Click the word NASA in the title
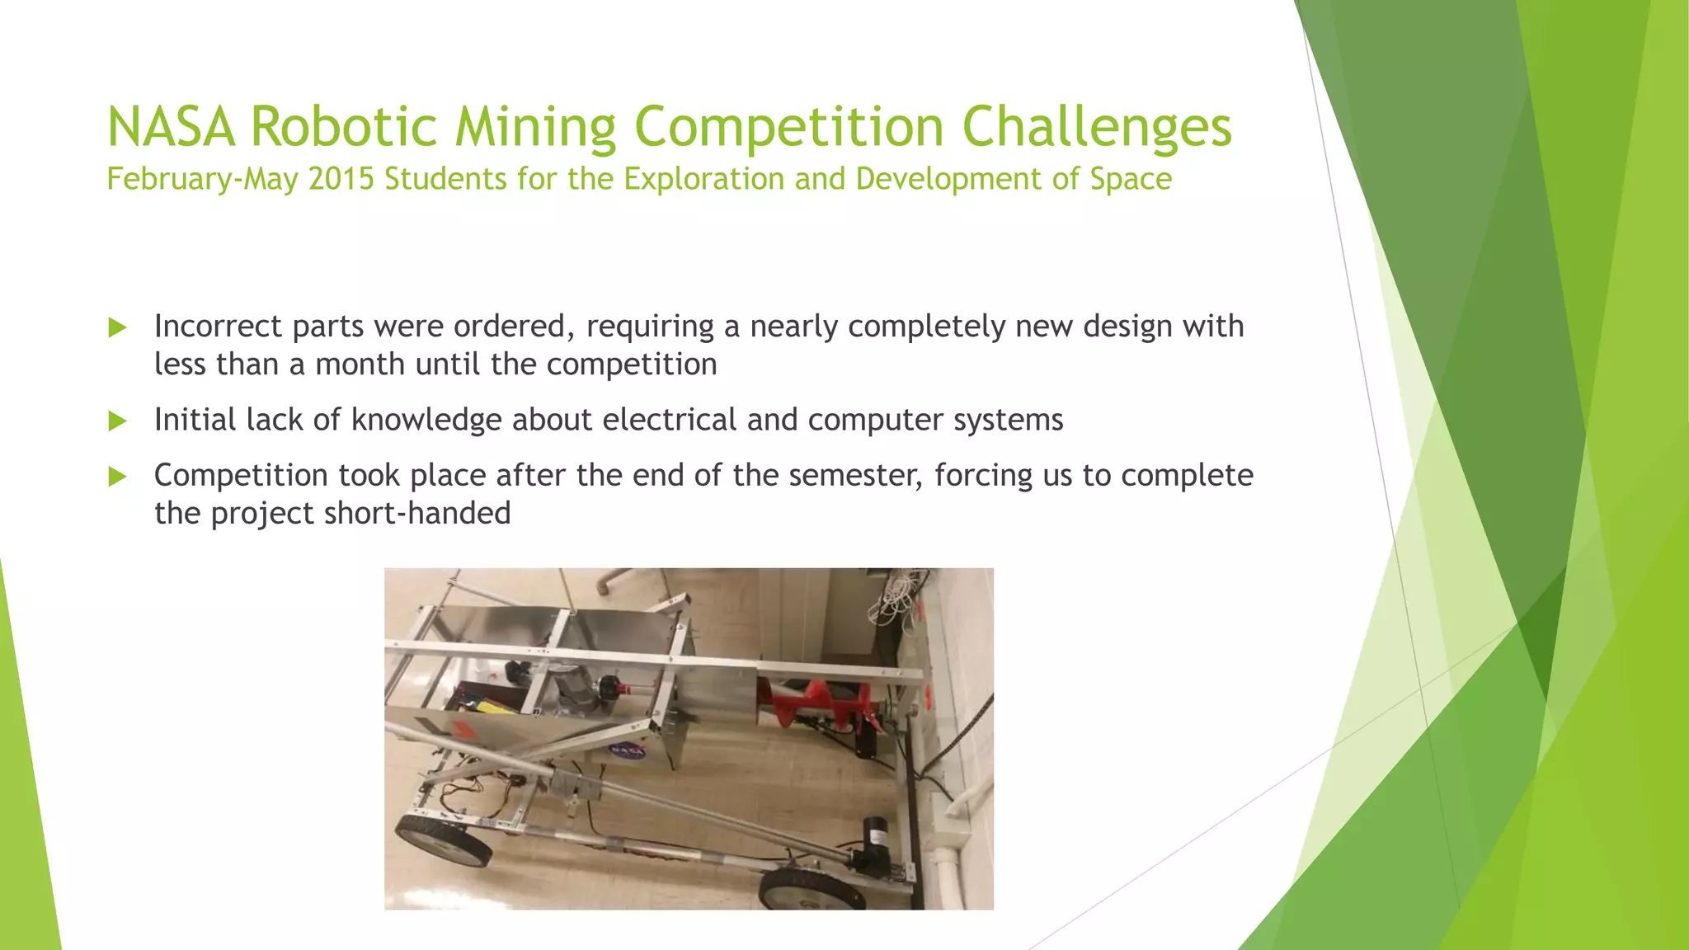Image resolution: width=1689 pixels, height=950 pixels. tap(171, 128)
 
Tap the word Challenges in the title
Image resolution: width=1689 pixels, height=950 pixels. tap(1096, 128)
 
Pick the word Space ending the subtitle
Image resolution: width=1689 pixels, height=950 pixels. tap(1131, 179)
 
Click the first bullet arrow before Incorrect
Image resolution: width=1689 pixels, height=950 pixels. tap(117, 328)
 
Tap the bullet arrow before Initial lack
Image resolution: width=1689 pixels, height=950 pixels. tap(117, 421)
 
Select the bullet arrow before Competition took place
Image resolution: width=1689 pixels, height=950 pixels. tap(117, 477)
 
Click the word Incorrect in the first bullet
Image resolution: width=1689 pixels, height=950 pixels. tap(218, 327)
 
